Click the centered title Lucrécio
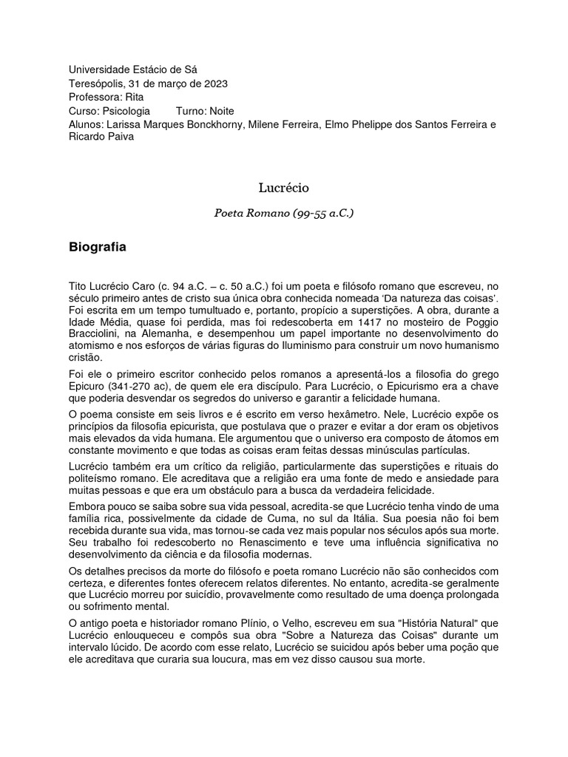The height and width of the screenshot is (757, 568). click(284, 189)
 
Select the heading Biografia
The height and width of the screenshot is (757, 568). click(97, 248)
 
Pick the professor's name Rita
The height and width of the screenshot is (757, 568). click(135, 97)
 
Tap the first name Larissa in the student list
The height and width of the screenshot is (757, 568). click(126, 124)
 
